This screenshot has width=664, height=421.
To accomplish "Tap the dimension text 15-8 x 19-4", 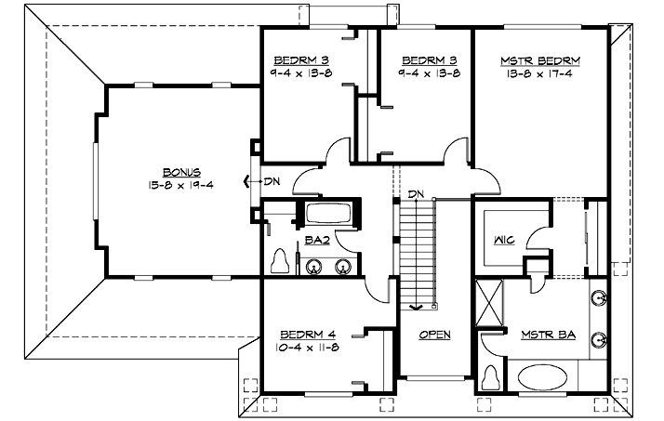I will (181, 184).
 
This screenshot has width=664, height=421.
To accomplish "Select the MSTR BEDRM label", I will (540, 60).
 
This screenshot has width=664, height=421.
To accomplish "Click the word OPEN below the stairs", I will (434, 334).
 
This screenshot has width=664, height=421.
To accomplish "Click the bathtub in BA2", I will (327, 214).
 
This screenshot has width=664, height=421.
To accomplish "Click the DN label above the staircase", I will (416, 193).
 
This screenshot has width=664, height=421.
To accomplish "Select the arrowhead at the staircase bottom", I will (416, 306).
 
